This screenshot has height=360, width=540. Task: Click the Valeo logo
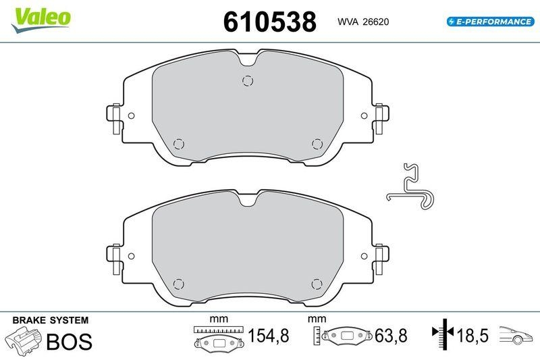[x=40, y=17]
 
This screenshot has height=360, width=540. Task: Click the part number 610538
[x=269, y=22]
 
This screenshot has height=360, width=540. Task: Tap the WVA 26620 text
[x=363, y=22]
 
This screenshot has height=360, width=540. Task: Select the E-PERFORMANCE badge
[x=489, y=22]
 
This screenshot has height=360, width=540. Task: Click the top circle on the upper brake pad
[x=246, y=80]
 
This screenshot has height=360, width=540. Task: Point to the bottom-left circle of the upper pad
[x=178, y=143]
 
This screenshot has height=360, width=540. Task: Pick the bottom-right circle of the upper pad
[x=317, y=143]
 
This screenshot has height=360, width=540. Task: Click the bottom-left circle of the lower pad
[x=178, y=284]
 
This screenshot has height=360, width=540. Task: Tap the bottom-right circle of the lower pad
[x=317, y=284]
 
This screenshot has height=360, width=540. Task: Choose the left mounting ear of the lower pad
[x=114, y=256]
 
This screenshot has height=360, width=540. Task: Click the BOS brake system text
[x=68, y=342]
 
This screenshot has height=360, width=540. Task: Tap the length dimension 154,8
[x=268, y=336]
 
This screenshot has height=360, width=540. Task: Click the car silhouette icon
[x=516, y=334]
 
